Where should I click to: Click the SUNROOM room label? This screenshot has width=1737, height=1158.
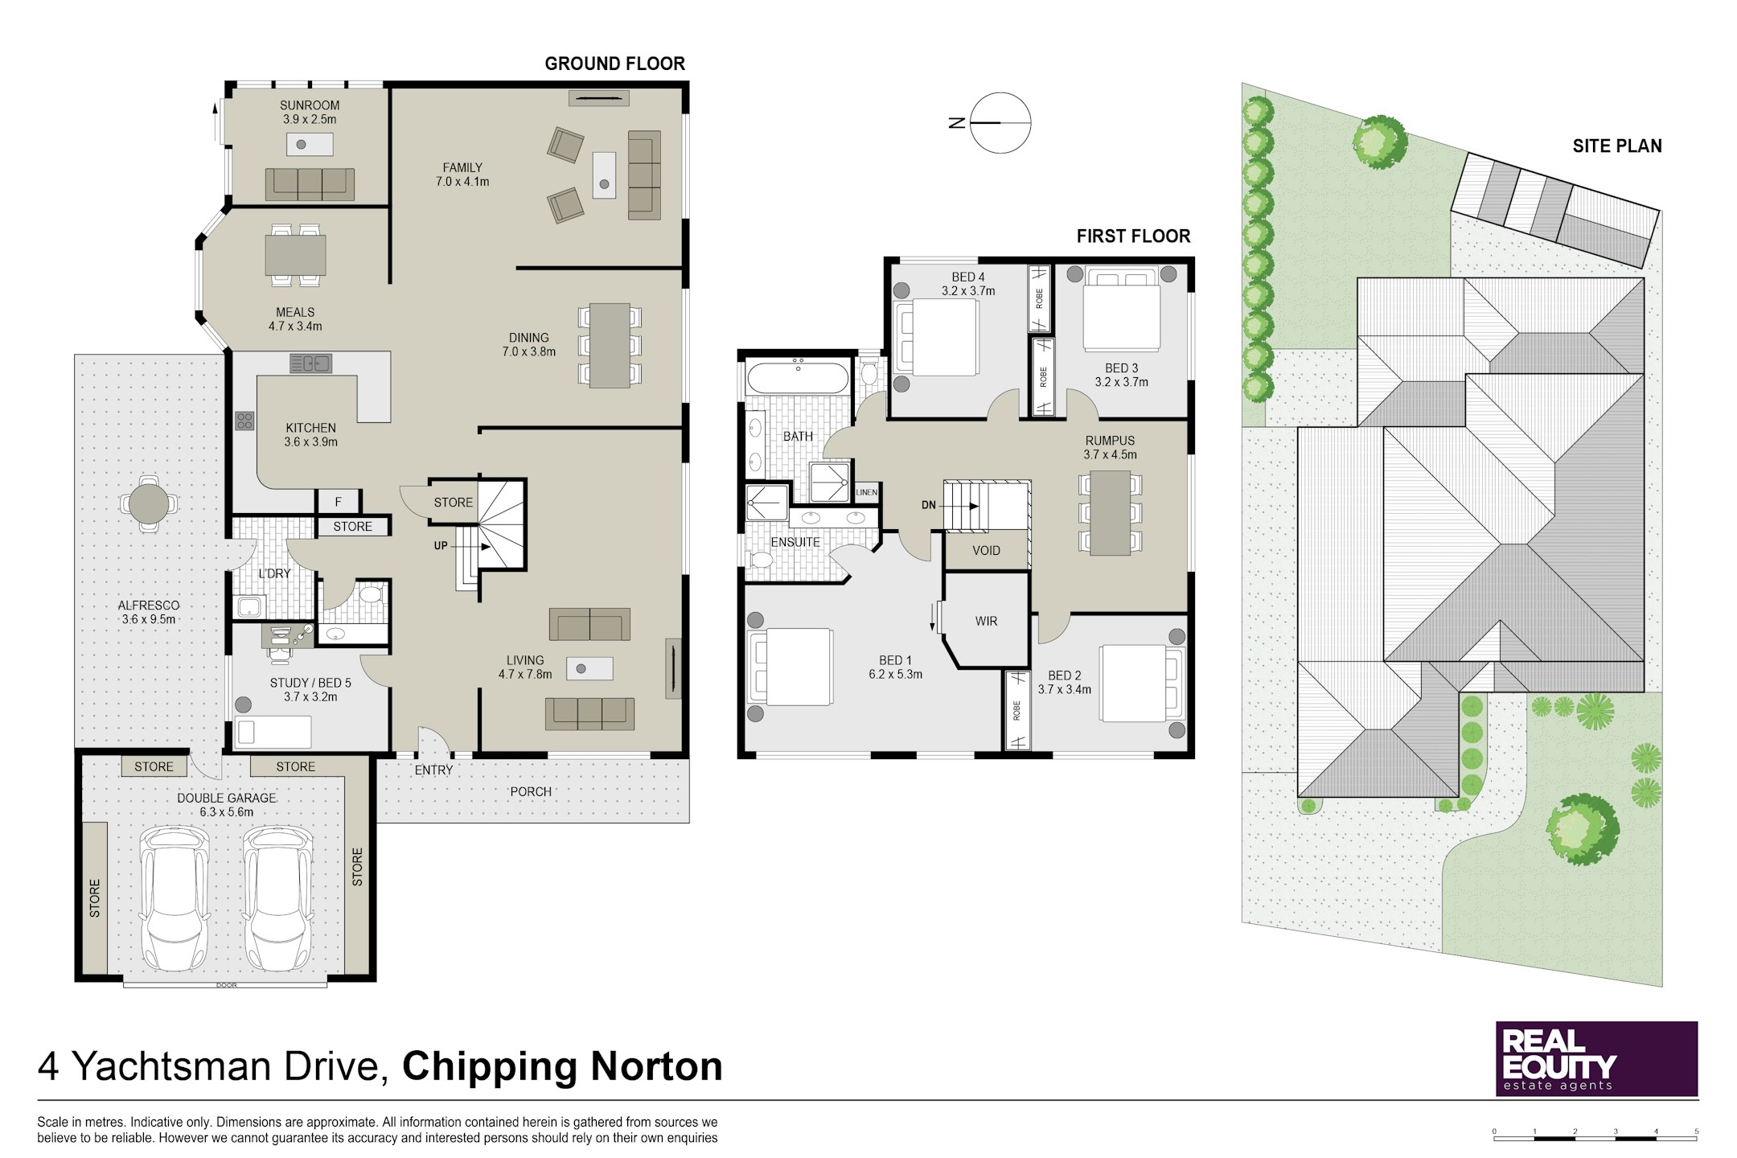(310, 105)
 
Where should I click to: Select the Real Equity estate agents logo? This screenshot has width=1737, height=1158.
(1596, 1058)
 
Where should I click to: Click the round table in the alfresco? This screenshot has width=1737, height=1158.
(149, 504)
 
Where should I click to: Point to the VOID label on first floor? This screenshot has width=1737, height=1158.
(986, 551)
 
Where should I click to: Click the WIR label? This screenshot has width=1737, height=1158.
(986, 621)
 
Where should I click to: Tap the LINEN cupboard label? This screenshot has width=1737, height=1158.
(867, 492)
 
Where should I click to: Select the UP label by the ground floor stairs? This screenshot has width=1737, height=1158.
(441, 546)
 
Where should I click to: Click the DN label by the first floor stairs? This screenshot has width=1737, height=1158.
(929, 505)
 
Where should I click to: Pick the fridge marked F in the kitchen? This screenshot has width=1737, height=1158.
(339, 502)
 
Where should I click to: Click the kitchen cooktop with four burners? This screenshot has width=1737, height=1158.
(244, 420)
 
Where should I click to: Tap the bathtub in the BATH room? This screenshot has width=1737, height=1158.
(797, 377)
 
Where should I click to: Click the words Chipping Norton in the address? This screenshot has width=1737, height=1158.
(562, 1067)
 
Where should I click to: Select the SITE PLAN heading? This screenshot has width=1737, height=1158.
(1617, 146)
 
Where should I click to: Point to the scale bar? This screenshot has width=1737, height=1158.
(1595, 1136)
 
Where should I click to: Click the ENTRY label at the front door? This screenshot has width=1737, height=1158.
(433, 770)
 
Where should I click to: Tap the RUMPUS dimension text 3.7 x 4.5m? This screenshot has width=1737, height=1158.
(1110, 455)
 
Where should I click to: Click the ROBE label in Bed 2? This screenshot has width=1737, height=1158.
(1016, 711)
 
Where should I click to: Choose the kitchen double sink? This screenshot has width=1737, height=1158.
(310, 363)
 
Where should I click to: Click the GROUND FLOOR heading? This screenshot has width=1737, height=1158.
(614, 64)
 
